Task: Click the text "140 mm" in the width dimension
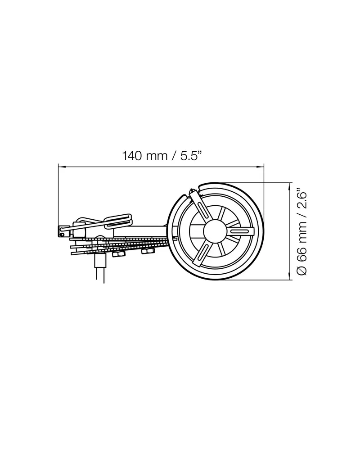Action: pos(144,156)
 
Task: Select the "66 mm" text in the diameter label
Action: pos(302,240)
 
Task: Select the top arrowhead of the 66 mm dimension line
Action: pos(291,186)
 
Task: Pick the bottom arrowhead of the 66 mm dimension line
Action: pos(291,276)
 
